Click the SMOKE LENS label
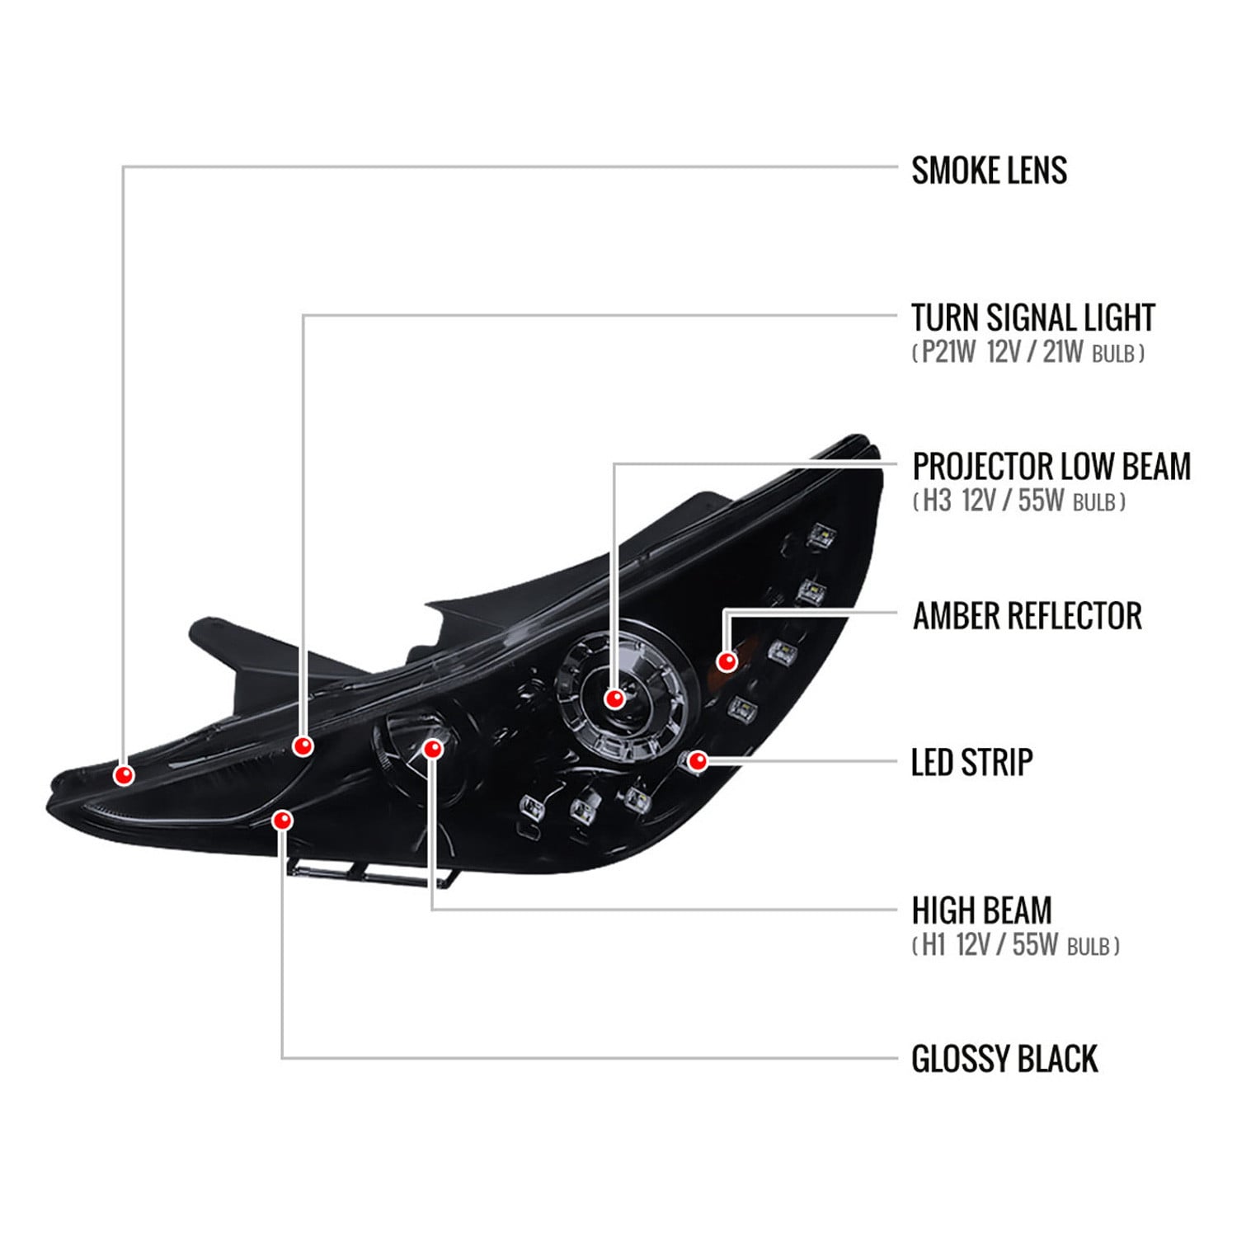tap(989, 170)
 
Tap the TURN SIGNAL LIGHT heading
tap(1032, 317)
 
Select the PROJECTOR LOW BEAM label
tap(1051, 466)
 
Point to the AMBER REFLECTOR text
tap(1027, 615)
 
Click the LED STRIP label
tap(971, 762)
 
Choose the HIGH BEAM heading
tap(981, 910)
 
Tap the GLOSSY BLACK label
tap(1004, 1059)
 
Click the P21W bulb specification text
tap(1028, 352)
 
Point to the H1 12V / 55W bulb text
tap(1016, 944)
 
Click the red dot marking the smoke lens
tap(125, 775)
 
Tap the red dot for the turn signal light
tap(303, 746)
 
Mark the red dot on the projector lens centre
tap(614, 698)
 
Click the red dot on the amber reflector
tap(727, 661)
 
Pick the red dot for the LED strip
tap(698, 760)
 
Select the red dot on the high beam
tap(433, 748)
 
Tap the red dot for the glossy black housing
tap(283, 820)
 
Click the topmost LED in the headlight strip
tap(822, 537)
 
